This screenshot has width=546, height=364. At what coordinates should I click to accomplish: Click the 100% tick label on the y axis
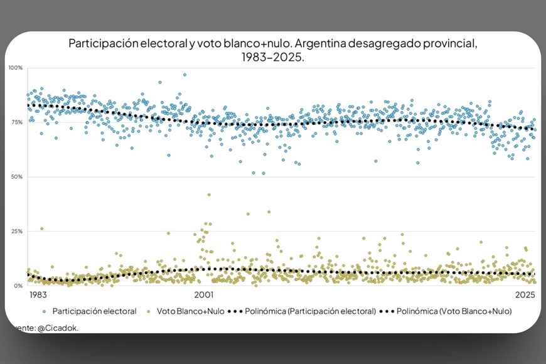[x=15, y=68]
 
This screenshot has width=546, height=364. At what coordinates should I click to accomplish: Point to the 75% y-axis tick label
[x=16, y=122]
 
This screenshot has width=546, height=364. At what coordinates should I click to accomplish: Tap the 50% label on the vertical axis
[x=16, y=177]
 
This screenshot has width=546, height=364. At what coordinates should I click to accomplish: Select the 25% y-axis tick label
[x=16, y=232]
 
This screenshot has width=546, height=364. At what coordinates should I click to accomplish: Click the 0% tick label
[x=18, y=286]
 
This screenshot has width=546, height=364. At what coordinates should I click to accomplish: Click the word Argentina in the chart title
[x=316, y=45]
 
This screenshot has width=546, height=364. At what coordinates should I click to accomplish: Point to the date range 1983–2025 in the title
[x=272, y=57]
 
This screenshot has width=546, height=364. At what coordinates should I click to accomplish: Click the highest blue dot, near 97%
[x=185, y=75]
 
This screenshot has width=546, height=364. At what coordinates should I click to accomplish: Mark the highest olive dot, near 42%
[x=209, y=195]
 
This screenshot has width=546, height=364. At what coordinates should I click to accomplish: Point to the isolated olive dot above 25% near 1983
[x=42, y=229]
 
